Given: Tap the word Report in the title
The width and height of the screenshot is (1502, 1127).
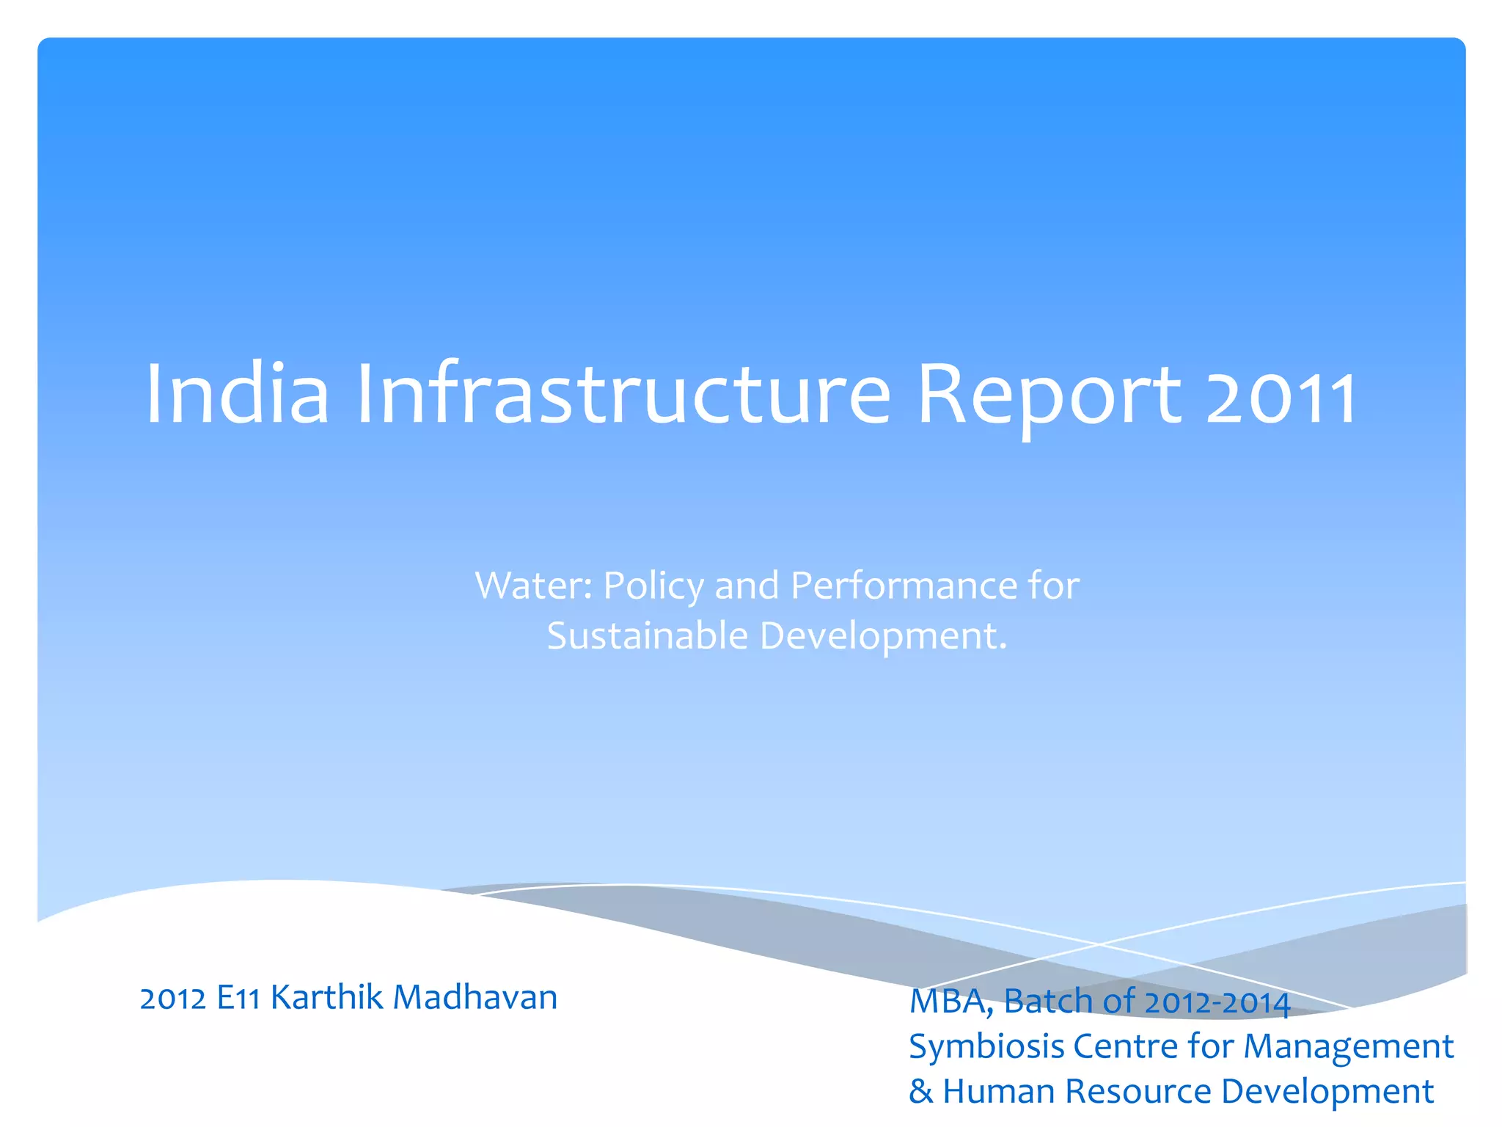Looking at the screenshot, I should point(1049,396).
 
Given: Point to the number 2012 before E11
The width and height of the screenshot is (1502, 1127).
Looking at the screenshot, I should point(173,999).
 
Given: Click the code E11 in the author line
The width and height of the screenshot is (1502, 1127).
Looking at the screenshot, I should point(238,999).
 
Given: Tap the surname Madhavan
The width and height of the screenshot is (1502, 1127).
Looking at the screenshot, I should point(475,997).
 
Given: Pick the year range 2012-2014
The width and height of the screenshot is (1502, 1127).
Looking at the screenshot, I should point(1217,1003).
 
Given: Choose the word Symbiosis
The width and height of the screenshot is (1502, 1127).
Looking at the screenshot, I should point(986,1047).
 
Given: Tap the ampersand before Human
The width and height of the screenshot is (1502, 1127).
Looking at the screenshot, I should point(920,1092).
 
